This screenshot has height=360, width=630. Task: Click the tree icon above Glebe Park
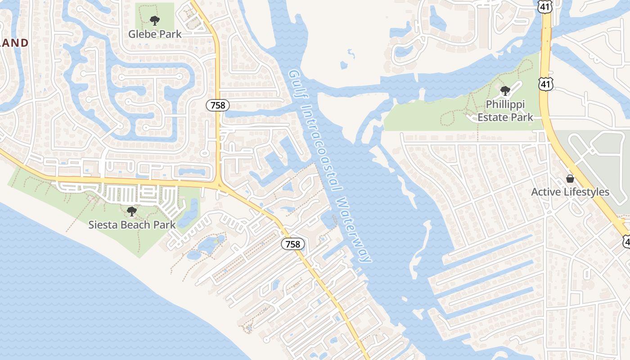pyautogui.click(x=155, y=20)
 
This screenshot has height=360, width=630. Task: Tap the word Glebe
pyautogui.click(x=142, y=34)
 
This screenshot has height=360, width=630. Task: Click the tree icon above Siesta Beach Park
pyautogui.click(x=131, y=211)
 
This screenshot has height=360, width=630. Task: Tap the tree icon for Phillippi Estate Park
pyautogui.click(x=505, y=91)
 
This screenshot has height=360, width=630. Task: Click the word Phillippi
pyautogui.click(x=505, y=105)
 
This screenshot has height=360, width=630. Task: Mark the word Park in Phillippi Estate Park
pyautogui.click(x=522, y=117)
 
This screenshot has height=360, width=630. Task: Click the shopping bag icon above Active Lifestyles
pyautogui.click(x=570, y=179)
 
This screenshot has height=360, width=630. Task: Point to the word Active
pyautogui.click(x=545, y=192)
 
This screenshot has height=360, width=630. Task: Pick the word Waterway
pyautogui.click(x=355, y=229)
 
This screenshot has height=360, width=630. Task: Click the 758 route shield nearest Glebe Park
pyautogui.click(x=218, y=106)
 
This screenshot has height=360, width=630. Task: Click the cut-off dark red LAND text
pyautogui.click(x=14, y=43)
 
